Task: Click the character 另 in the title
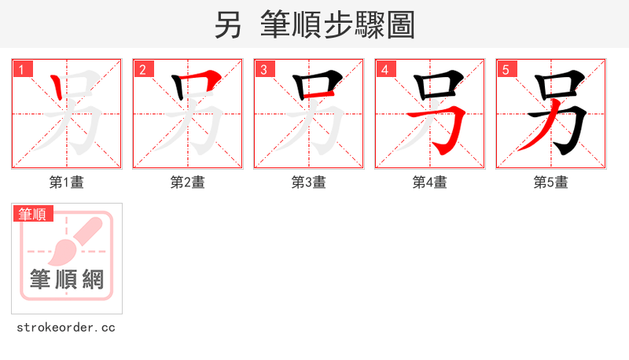228,25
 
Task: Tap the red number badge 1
22,70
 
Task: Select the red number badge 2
143,70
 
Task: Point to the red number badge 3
264,70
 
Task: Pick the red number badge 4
385,70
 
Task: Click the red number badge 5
506,70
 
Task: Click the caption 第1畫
67,182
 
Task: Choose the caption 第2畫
188,182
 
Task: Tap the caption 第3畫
309,182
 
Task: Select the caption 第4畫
430,182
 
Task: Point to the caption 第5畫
551,182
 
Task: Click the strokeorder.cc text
66,327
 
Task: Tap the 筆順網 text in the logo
67,279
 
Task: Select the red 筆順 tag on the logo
33,214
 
